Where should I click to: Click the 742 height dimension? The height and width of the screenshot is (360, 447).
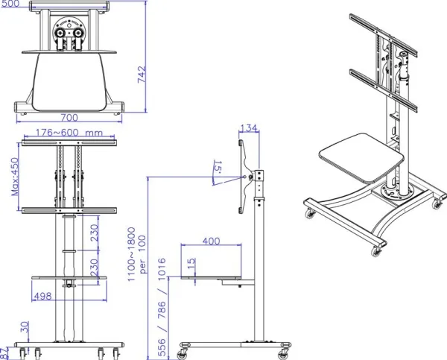[x=142, y=75]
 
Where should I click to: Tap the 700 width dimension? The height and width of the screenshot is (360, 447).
[x=69, y=118]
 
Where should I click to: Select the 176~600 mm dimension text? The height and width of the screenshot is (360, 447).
[x=69, y=133]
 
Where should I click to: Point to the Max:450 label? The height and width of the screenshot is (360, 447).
[x=15, y=177]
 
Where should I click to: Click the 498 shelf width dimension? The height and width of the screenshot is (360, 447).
[x=42, y=296]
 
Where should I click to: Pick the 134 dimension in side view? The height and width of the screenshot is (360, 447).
[x=249, y=128]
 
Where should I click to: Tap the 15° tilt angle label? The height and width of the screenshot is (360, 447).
[x=218, y=167]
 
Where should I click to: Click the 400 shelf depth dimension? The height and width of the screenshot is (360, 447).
[x=212, y=241]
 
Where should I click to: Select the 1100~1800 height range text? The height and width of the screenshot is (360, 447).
[x=131, y=254]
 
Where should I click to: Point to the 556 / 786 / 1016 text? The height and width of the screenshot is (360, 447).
[x=162, y=307]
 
